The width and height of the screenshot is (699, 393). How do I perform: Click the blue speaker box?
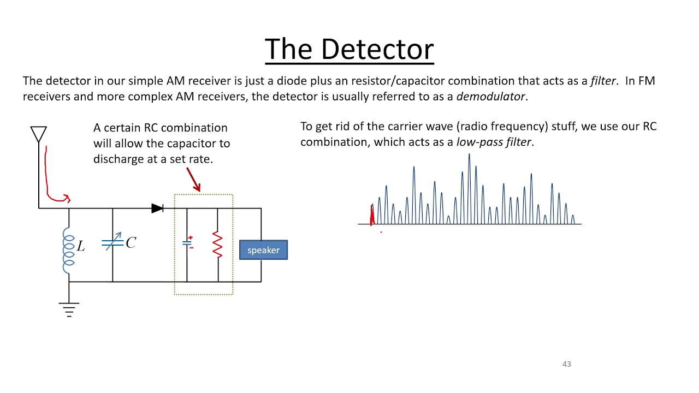(x=263, y=250)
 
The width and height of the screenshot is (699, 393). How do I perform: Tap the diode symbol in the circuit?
(x=158, y=208)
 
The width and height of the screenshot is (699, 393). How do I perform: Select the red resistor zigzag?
(x=217, y=244)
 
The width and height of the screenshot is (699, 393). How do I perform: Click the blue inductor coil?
(x=69, y=251)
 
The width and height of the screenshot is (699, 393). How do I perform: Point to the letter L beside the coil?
(x=81, y=246)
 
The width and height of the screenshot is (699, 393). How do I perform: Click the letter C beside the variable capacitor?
(x=131, y=242)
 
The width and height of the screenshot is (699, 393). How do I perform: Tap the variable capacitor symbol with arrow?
(x=112, y=242)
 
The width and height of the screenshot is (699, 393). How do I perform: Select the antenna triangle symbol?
(x=39, y=134)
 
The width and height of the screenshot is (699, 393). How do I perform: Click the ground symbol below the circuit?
(x=69, y=309)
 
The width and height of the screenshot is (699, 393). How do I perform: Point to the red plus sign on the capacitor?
(x=191, y=237)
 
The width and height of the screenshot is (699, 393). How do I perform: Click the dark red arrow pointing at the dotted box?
(x=193, y=180)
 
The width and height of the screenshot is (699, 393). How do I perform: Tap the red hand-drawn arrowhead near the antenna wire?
(x=67, y=198)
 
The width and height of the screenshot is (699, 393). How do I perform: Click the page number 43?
(x=567, y=364)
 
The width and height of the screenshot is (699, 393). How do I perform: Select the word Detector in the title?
(x=377, y=49)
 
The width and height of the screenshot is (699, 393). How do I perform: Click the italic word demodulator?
(x=490, y=97)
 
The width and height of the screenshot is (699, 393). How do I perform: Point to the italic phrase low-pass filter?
(x=494, y=142)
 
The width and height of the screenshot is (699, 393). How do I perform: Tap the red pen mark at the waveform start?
(x=372, y=215)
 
